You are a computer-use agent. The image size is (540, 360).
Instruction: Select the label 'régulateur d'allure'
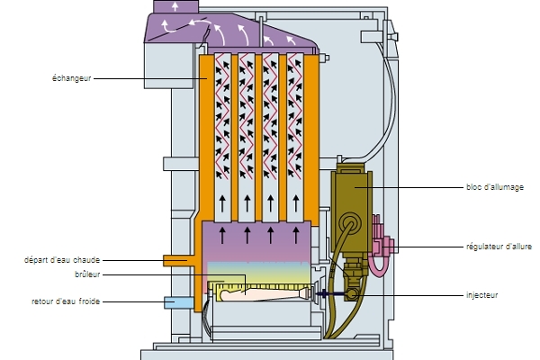[499, 245]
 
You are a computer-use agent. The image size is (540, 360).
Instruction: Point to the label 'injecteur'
[482, 294]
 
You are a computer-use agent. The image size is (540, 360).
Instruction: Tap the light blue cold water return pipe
[175, 301]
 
